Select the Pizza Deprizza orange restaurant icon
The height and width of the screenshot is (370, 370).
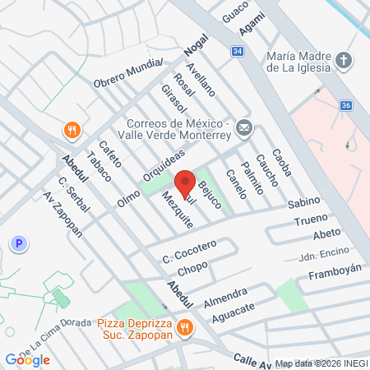187,327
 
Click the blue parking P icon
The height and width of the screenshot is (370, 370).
18,243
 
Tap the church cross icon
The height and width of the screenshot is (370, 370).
344,61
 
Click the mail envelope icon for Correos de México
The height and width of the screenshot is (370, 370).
244,127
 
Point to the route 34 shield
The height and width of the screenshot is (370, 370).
237,51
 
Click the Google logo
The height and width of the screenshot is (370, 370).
27,359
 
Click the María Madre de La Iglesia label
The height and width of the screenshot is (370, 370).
299,62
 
